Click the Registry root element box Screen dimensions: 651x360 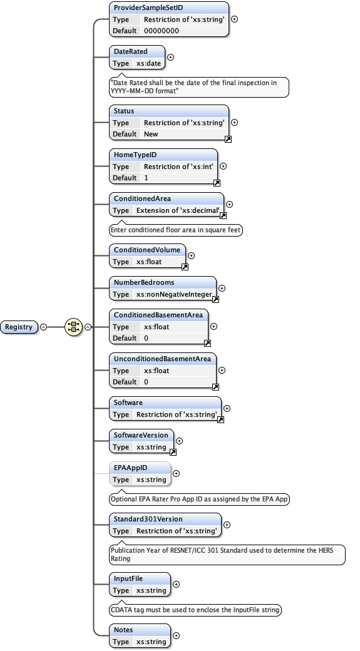click(19, 327)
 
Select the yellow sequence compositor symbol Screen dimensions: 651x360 click(74, 327)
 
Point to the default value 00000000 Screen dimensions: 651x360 click(162, 31)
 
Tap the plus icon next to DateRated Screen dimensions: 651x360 click(171, 58)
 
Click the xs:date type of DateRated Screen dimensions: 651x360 click(149, 63)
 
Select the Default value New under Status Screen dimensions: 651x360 click(151, 134)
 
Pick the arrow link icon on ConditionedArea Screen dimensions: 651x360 click(223, 215)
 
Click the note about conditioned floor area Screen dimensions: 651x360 click(175, 230)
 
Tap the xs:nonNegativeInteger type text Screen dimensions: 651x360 click(175, 294)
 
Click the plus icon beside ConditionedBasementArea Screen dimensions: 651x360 click(214, 326)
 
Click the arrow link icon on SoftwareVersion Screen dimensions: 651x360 click(173, 451)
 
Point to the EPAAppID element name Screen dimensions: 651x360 click(131, 468)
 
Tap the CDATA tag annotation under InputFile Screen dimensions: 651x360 click(195, 610)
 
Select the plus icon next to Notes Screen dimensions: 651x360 click(177, 635)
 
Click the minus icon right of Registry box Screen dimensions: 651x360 click(43, 327)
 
